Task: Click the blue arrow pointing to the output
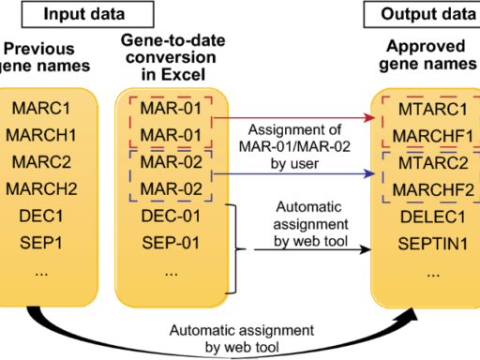pos(300,173)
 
